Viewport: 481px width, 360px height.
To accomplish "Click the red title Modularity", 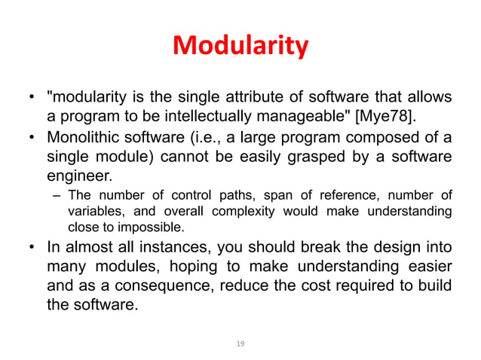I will tap(240, 47).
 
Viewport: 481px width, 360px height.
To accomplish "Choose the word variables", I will tap(94, 212).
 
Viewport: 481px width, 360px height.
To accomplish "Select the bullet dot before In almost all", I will tap(32, 248).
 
